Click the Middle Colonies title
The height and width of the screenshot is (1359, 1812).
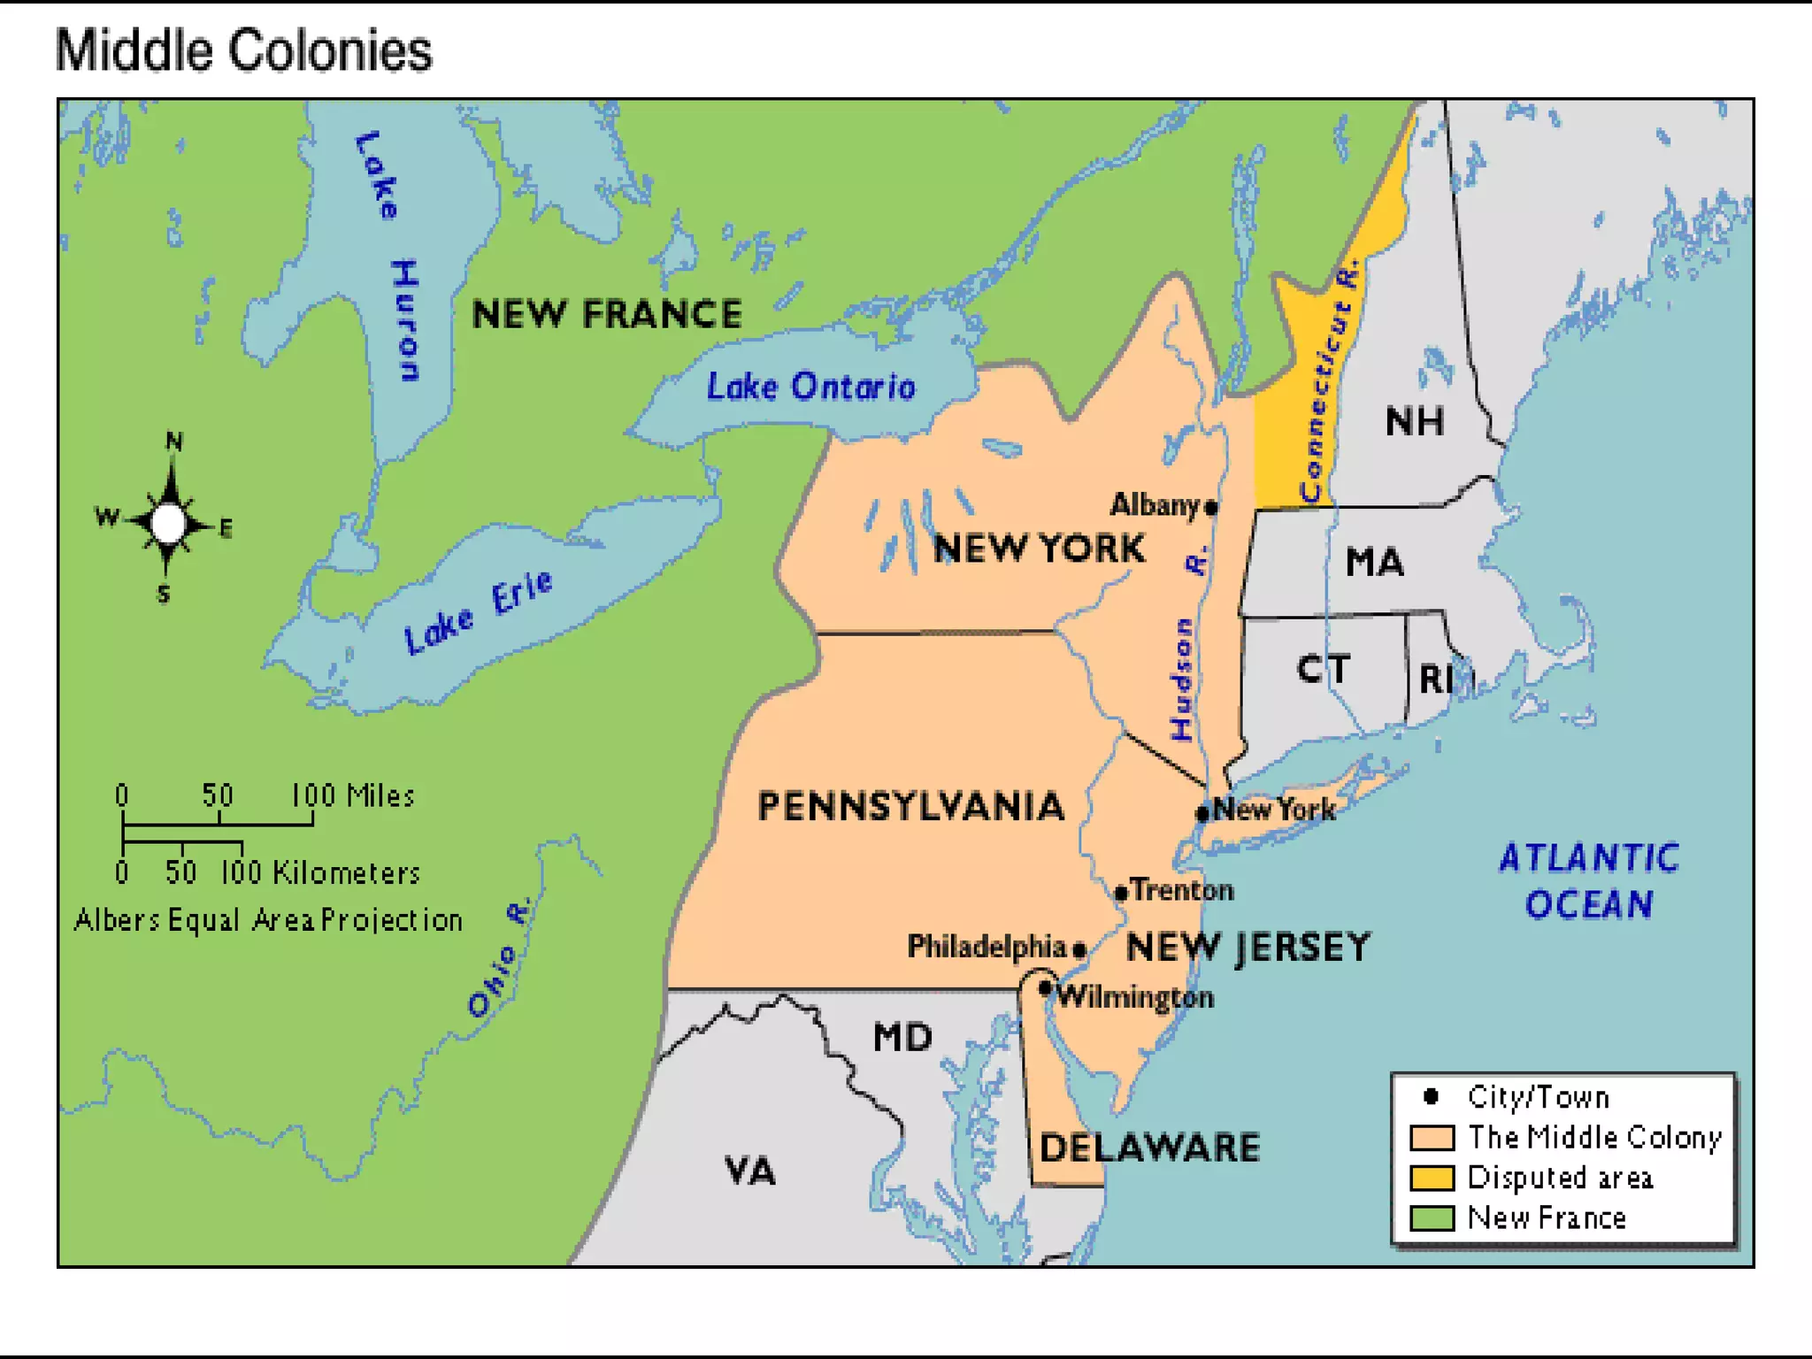pyautogui.click(x=243, y=50)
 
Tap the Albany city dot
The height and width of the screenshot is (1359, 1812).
pyautogui.click(x=1211, y=507)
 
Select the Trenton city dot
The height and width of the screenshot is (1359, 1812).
pyautogui.click(x=1121, y=893)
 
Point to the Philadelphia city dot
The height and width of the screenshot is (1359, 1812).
pyautogui.click(x=1079, y=950)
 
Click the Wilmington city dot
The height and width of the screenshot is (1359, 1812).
pyautogui.click(x=1045, y=987)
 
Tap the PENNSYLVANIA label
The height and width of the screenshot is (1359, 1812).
pyautogui.click(x=911, y=806)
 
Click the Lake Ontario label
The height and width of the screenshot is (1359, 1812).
pyautogui.click(x=810, y=387)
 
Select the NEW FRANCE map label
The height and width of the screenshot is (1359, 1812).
pyautogui.click(x=606, y=314)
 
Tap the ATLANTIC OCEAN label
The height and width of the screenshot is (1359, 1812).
pyautogui.click(x=1589, y=880)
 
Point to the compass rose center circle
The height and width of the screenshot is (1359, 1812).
pyautogui.click(x=168, y=523)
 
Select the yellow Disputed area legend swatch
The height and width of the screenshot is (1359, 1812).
pyautogui.click(x=1432, y=1178)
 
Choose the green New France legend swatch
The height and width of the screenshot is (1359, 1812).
pyautogui.click(x=1432, y=1218)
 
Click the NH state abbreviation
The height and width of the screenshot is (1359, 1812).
pyautogui.click(x=1414, y=421)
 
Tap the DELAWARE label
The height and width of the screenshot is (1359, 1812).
pyautogui.click(x=1149, y=1148)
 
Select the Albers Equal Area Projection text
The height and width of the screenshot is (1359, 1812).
pyautogui.click(x=268, y=920)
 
